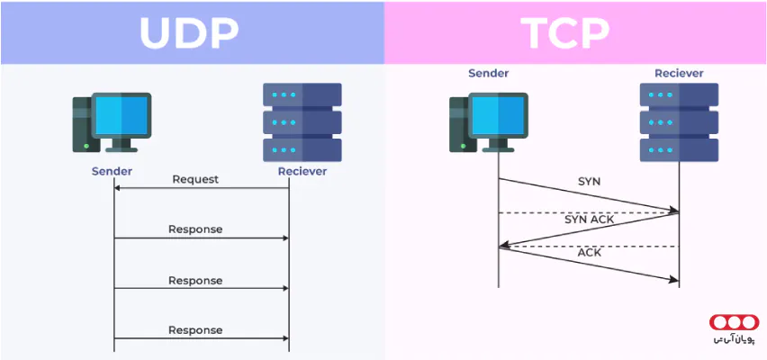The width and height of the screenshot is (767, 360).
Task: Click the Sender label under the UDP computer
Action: (113, 170)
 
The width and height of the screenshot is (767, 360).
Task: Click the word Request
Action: (195, 179)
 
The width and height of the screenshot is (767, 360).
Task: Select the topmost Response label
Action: (195, 229)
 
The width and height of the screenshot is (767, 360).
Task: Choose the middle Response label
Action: (195, 280)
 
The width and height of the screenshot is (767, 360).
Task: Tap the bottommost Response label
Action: (195, 330)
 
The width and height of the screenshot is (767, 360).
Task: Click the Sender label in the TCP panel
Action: (489, 73)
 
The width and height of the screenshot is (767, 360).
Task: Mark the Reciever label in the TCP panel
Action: (679, 73)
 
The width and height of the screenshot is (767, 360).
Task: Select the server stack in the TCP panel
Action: (679, 121)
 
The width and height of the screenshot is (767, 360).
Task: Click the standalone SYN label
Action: (590, 181)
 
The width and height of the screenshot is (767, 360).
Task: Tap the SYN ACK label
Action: (588, 219)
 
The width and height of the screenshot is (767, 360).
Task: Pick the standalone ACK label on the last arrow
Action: (590, 253)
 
